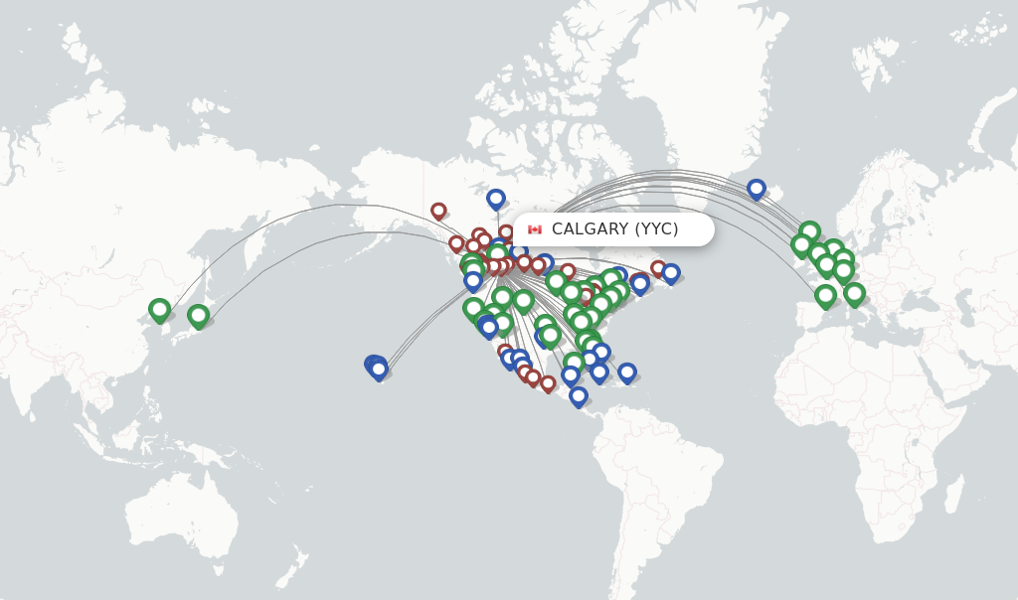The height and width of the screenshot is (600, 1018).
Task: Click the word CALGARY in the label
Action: coord(591,229)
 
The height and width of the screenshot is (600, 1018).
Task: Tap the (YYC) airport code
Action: coord(657,229)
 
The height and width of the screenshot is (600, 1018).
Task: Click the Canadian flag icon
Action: coord(535,229)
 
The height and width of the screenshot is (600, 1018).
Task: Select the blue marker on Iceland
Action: coord(757,188)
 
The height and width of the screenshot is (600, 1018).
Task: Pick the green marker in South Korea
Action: coord(159,309)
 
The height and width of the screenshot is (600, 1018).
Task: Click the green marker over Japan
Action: coord(198,315)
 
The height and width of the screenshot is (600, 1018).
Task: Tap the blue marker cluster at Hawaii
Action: coord(377,368)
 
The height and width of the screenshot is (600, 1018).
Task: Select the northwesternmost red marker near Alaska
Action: coord(438,210)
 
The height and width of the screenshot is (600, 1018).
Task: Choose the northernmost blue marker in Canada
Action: coord(496,198)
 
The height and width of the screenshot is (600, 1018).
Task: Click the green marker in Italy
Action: coord(854,292)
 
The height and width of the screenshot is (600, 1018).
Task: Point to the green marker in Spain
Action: coord(825,294)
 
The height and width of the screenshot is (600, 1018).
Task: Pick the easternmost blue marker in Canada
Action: coord(671,271)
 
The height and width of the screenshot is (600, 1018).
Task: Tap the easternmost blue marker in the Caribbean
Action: coord(627,372)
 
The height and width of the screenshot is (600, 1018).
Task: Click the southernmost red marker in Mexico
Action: coord(548,382)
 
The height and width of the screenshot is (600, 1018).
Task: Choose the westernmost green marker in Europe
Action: coord(801,242)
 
